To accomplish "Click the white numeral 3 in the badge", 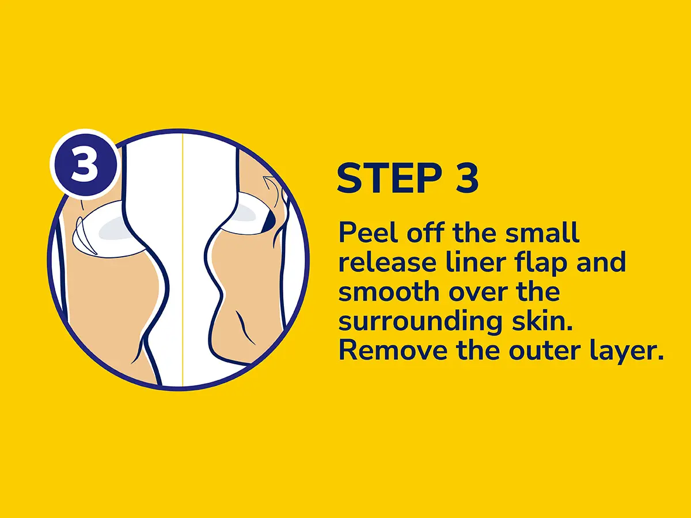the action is click(x=85, y=165).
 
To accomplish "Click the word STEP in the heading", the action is click(x=389, y=178).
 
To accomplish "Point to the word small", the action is click(x=542, y=233).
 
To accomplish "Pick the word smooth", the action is click(x=389, y=292).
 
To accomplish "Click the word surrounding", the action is click(x=420, y=323).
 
